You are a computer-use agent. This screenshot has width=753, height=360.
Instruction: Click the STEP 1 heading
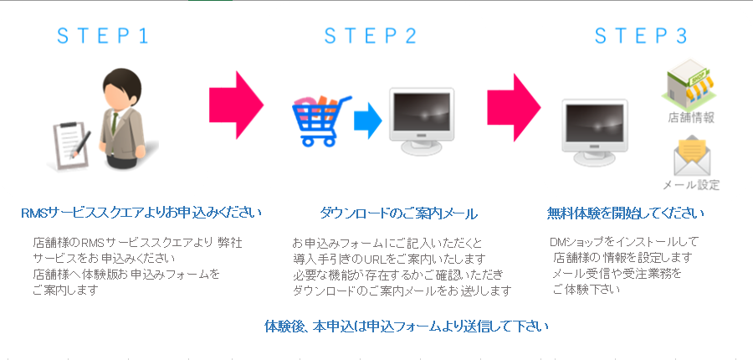[103, 36]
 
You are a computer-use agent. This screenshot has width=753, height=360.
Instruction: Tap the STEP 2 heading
[371, 36]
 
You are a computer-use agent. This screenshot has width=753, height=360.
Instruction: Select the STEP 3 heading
[641, 36]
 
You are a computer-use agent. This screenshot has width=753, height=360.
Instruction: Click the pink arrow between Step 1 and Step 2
[236, 105]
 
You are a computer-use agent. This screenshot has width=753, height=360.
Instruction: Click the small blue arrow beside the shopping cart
[368, 121]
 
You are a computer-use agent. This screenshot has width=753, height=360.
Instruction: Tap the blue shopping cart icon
[320, 121]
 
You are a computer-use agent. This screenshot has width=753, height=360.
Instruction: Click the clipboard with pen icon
[72, 144]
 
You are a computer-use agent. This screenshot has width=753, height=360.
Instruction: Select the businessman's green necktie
[115, 123]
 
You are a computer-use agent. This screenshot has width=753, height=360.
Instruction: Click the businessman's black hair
[123, 82]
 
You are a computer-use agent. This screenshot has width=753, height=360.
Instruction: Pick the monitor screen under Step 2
[422, 112]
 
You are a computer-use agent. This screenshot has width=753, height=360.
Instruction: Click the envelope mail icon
[692, 156]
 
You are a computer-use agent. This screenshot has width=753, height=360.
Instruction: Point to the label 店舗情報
[690, 118]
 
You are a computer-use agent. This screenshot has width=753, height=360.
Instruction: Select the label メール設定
[692, 184]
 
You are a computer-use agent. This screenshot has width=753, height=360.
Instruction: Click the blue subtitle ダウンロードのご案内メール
[398, 213]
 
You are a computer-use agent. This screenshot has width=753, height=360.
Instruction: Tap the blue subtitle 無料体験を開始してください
[626, 213]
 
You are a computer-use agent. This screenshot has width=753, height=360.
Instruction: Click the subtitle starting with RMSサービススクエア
[141, 213]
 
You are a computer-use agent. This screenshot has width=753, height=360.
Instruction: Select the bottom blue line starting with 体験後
[407, 327]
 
